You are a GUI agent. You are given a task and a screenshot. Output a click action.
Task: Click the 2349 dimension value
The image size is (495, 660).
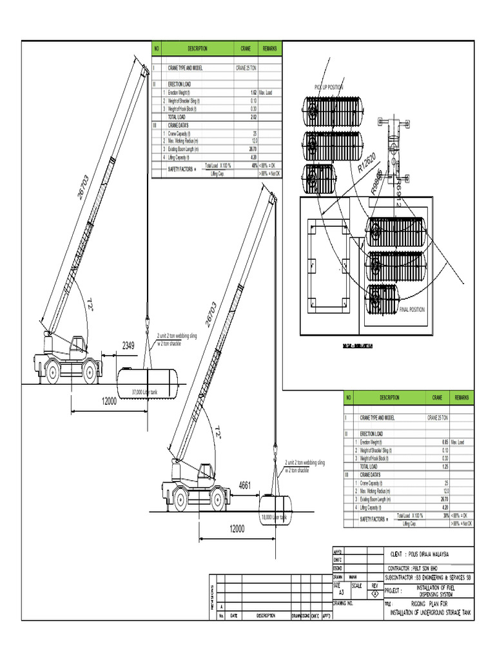click(128, 347)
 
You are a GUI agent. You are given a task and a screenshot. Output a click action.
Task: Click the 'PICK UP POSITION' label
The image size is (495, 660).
click(329, 87)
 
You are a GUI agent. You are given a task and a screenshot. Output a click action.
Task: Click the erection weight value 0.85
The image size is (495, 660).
click(445, 442)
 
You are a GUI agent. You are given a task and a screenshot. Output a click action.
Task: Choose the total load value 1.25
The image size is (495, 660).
click(445, 466)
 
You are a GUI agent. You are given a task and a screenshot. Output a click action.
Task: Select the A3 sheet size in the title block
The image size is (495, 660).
click(342, 591)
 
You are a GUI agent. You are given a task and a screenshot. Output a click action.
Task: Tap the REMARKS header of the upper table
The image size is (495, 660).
click(269, 49)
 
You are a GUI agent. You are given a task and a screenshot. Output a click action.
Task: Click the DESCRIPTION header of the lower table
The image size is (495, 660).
click(389, 398)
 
